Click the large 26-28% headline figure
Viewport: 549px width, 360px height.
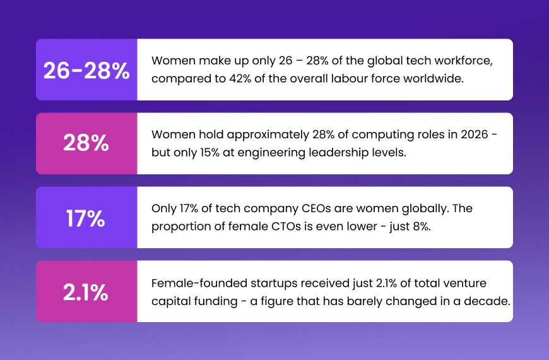click(x=86, y=71)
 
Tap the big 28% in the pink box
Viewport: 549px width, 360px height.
click(x=86, y=143)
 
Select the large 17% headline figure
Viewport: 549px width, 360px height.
click(x=86, y=219)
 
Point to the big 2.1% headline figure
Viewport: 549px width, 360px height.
click(x=86, y=292)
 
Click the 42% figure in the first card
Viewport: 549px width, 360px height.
click(x=240, y=78)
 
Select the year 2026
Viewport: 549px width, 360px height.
click(x=475, y=135)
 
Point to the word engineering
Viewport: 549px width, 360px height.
click(x=266, y=153)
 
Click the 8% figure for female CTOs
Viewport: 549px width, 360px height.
click(x=422, y=227)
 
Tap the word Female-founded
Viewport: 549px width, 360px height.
click(x=199, y=283)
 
